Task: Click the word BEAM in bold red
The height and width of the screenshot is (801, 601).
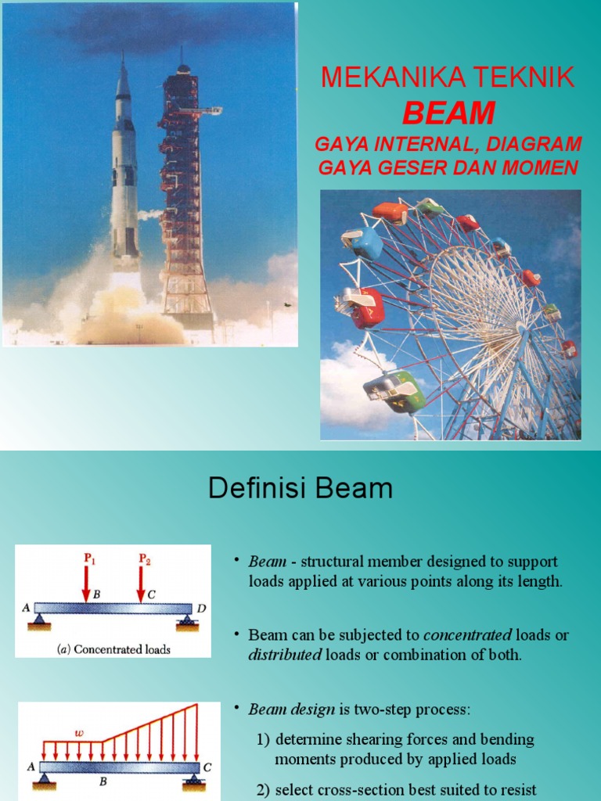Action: tap(448, 114)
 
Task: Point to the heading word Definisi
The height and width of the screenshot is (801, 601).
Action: tap(248, 489)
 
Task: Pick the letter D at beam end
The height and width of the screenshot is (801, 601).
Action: tap(200, 607)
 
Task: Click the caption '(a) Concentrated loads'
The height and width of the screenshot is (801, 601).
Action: tap(114, 649)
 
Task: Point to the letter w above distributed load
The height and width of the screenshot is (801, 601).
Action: tap(79, 733)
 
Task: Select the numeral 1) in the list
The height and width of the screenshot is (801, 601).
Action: tap(263, 739)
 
